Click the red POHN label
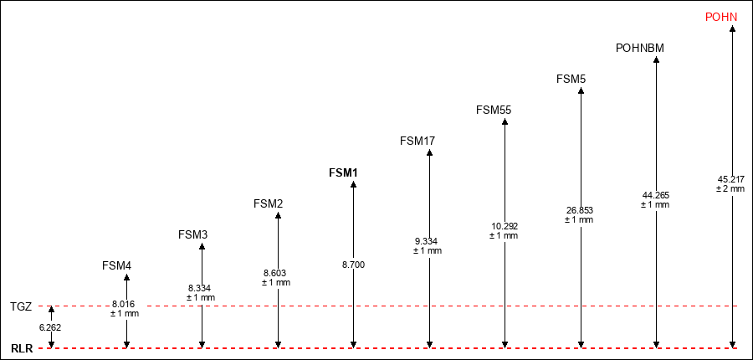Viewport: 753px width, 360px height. (x=721, y=18)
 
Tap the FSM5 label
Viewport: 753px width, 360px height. (x=571, y=79)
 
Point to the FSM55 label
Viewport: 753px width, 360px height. (x=494, y=110)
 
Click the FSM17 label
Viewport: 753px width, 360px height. (x=417, y=141)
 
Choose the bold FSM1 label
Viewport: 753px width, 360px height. (x=343, y=172)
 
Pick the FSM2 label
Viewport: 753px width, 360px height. (x=268, y=203)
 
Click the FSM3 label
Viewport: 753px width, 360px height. (x=192, y=235)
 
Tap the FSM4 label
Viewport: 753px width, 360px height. (x=116, y=265)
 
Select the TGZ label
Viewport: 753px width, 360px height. (x=21, y=306)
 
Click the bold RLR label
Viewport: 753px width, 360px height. (x=22, y=349)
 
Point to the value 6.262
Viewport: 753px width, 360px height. (x=50, y=327)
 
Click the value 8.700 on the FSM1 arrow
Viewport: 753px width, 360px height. (x=353, y=265)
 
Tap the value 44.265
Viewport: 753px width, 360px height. (x=655, y=195)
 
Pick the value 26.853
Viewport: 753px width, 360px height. (x=580, y=210)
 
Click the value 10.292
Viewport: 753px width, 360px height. (x=505, y=226)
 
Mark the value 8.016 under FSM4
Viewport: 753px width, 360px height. (x=124, y=304)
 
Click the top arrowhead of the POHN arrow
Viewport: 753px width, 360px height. (x=732, y=28)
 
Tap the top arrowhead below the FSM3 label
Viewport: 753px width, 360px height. (x=202, y=247)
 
